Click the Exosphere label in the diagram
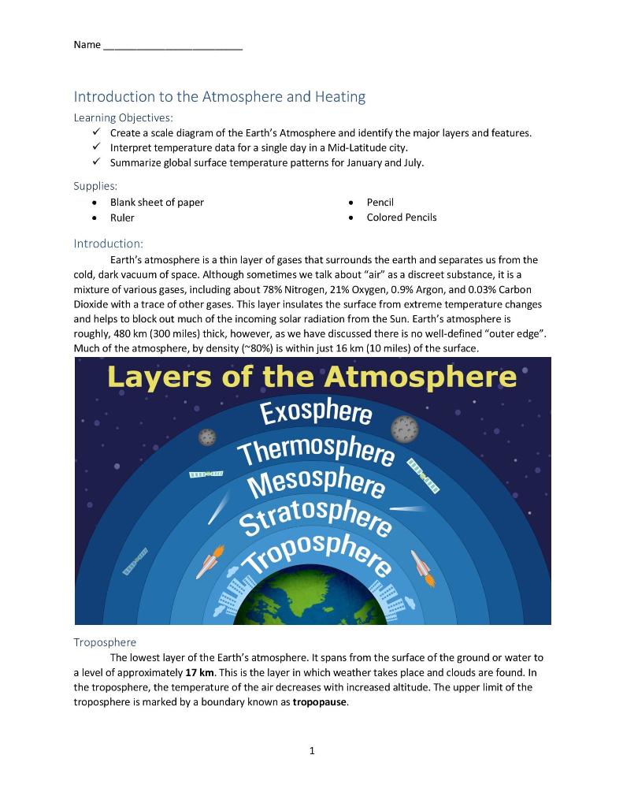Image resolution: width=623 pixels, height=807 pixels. click(x=315, y=412)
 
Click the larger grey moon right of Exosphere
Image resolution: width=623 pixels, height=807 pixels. click(x=405, y=430)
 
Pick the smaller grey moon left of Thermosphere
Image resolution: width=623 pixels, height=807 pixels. click(x=207, y=437)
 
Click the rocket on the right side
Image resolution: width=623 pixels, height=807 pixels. click(x=422, y=567)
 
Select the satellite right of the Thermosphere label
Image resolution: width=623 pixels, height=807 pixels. click(x=423, y=477)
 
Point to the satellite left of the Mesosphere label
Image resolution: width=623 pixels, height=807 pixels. click(x=206, y=474)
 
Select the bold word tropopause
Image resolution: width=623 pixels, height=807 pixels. click(x=319, y=701)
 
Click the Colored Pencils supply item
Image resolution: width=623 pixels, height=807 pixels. click(x=401, y=218)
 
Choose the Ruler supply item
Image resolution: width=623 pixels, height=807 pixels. click(x=122, y=218)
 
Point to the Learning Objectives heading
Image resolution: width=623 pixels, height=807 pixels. click(x=123, y=117)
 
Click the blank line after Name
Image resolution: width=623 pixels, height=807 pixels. click(x=172, y=46)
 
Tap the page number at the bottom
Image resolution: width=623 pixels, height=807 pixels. click(x=312, y=750)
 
